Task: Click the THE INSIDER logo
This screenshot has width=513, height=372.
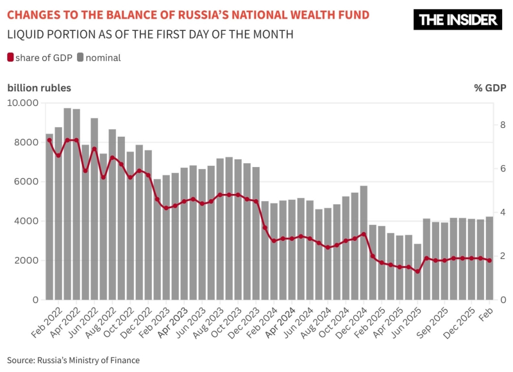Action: coord(458,20)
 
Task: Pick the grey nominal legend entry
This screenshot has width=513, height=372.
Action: coord(99,58)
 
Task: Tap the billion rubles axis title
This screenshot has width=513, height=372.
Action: coord(39,88)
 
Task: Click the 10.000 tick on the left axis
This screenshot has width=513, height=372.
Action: coord(24,103)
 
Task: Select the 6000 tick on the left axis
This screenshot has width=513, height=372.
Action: coord(28,182)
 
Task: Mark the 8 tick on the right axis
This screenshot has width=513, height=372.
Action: coord(486,125)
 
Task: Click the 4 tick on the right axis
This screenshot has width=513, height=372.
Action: coord(486,212)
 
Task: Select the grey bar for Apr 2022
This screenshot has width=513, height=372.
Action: coord(67,206)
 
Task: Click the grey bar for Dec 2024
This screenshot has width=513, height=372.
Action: coord(364,244)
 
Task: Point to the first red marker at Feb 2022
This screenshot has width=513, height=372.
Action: coord(49,140)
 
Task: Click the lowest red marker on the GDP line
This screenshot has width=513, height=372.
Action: coord(417,271)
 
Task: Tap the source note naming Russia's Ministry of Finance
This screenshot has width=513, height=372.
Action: coord(73,360)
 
